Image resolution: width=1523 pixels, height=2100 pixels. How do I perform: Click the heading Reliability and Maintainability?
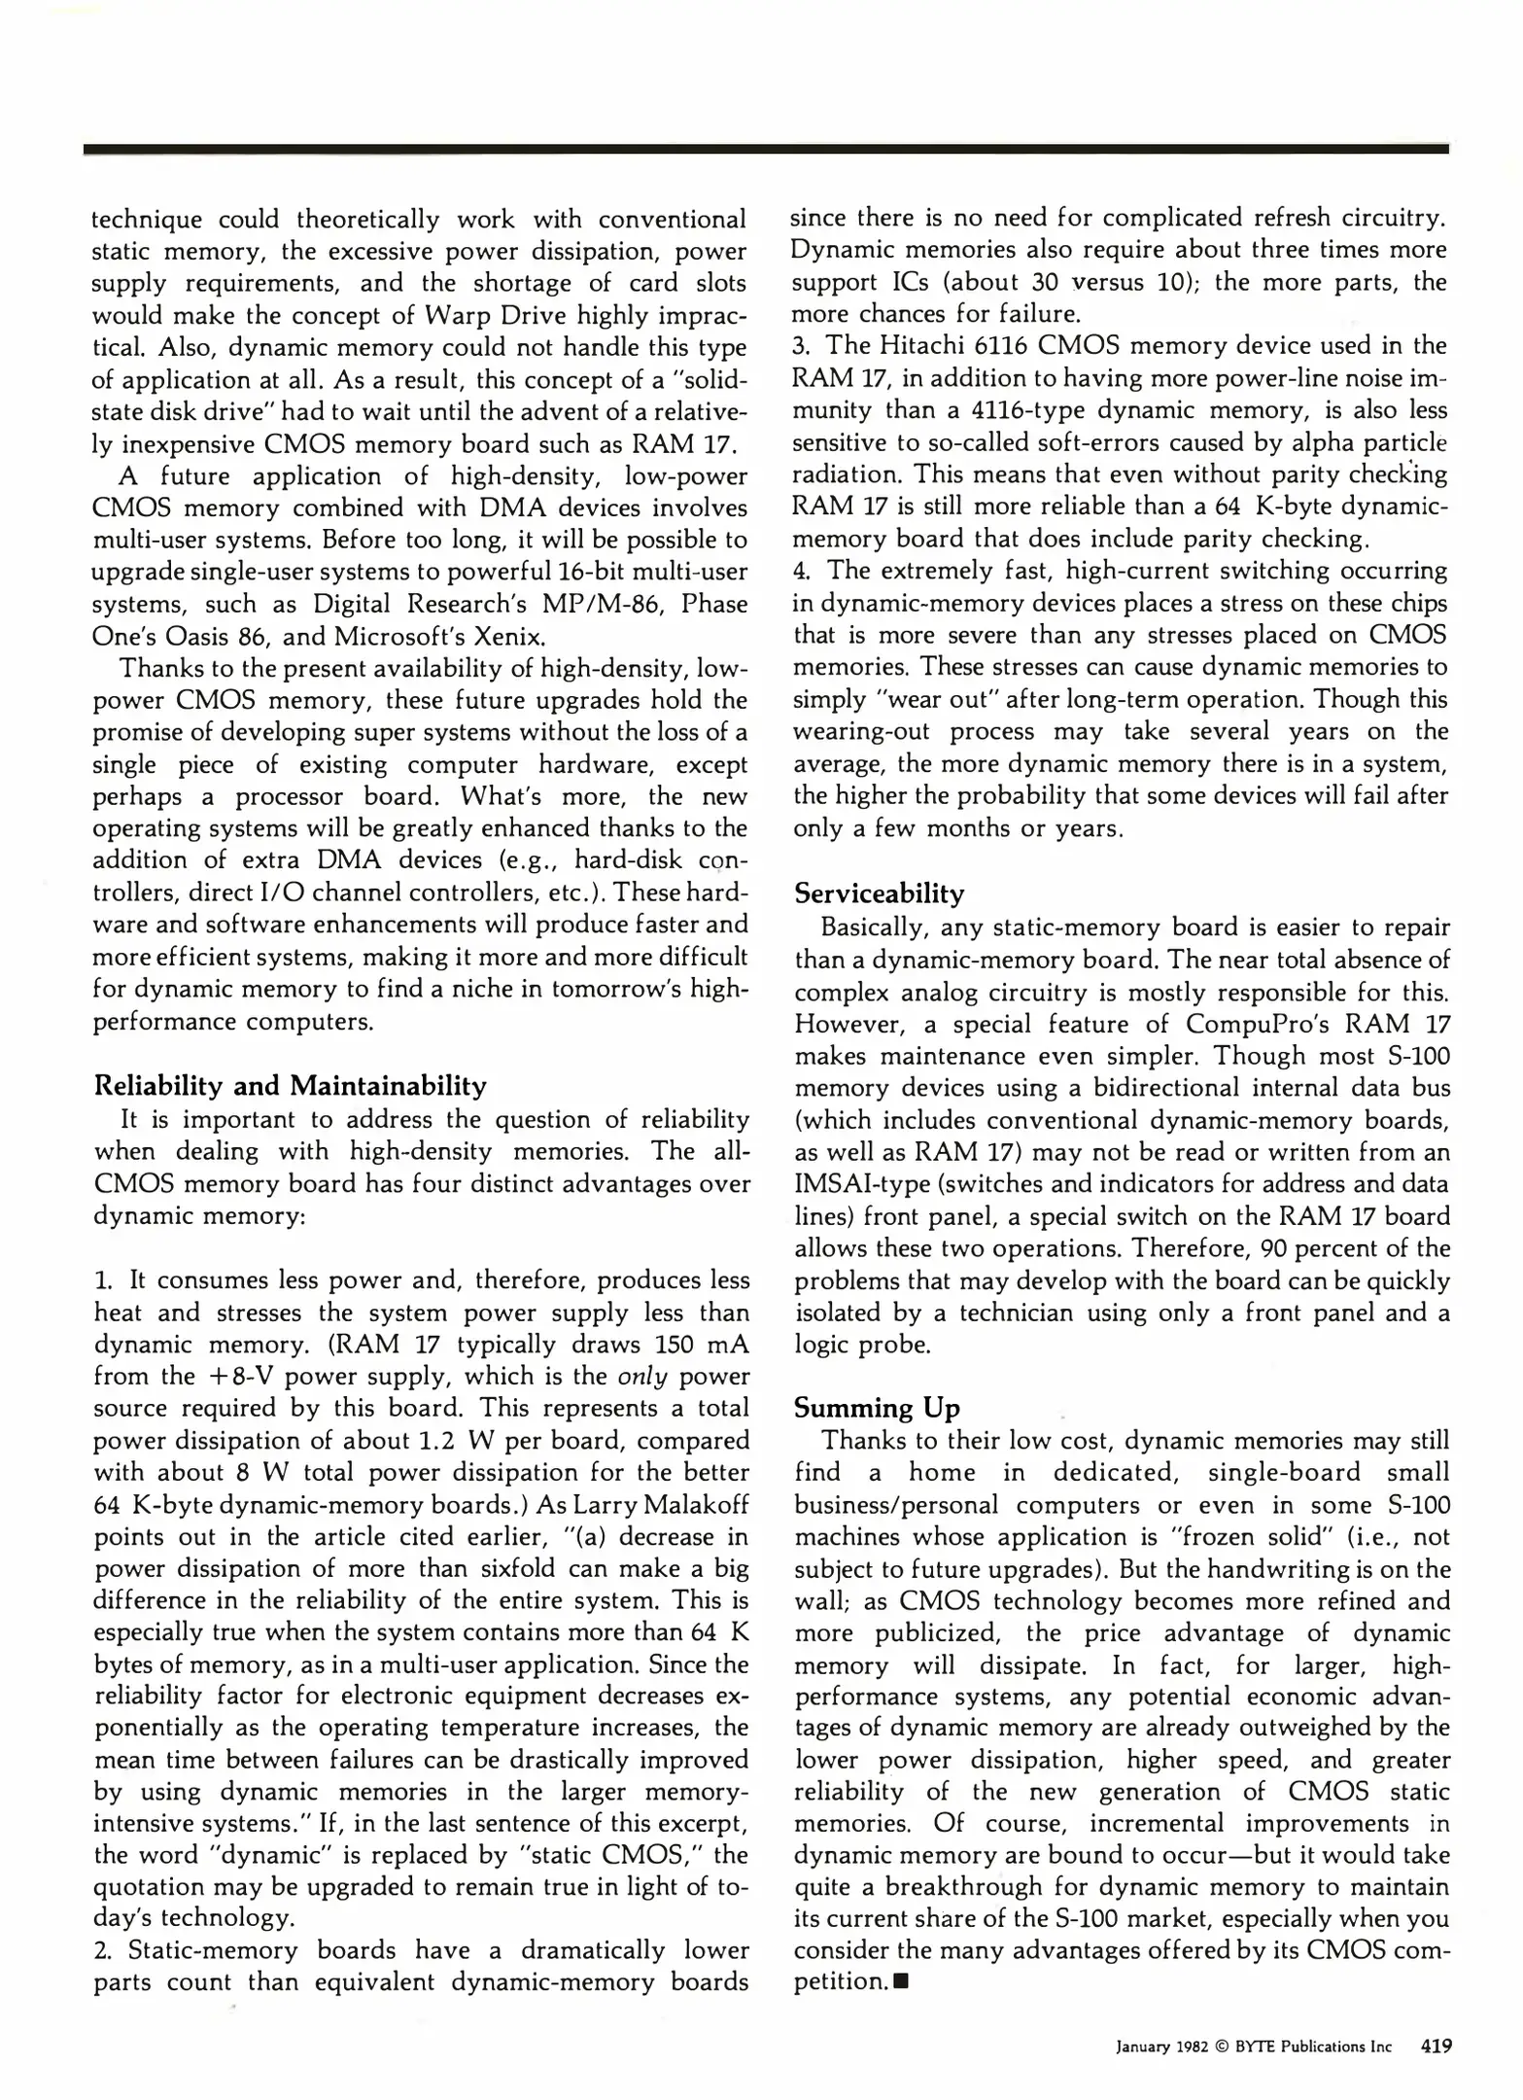coord(290,1085)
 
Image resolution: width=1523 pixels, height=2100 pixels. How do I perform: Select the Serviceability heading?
coord(879,893)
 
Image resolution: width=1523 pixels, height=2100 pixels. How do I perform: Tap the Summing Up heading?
coord(876,1407)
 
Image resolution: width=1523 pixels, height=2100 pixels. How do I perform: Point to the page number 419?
coord(1436,2046)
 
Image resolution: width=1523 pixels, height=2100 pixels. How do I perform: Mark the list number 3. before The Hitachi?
coord(801,346)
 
